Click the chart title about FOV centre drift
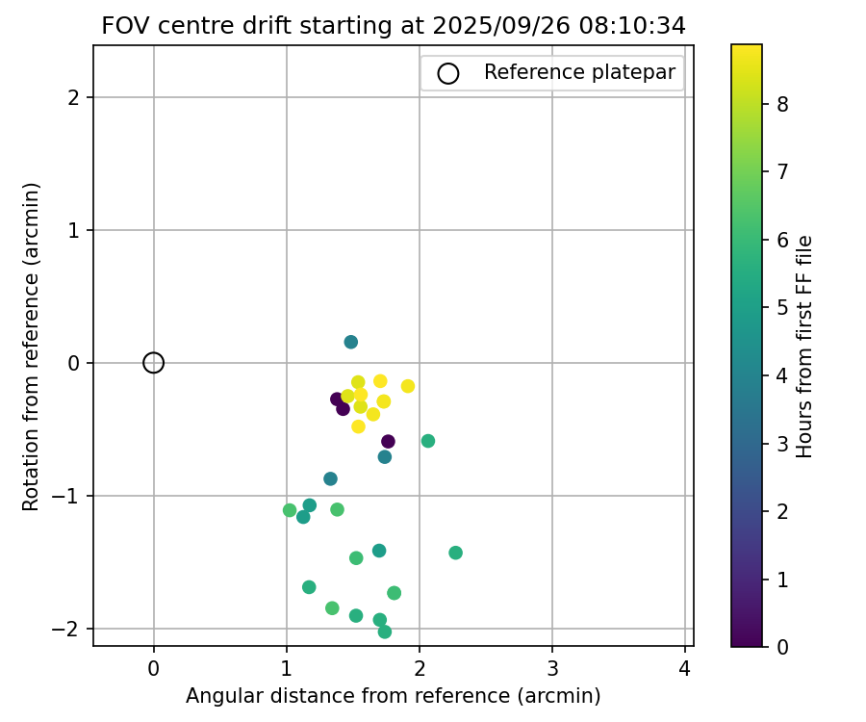point(394,26)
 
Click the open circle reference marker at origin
point(154,363)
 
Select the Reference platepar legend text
point(579,72)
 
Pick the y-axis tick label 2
point(75,97)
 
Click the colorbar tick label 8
point(782,105)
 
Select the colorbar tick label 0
point(782,647)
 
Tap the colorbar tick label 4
point(782,375)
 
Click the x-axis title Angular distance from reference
point(394,696)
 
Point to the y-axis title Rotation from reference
point(32,347)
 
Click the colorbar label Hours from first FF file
point(805,347)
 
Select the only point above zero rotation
point(351,342)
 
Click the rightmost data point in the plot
point(455,553)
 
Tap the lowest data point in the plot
point(385,632)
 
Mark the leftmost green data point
point(290,510)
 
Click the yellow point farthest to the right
point(408,386)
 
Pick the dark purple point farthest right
point(388,442)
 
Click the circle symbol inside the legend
point(447,73)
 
